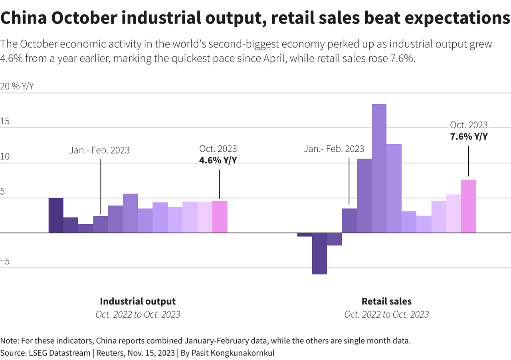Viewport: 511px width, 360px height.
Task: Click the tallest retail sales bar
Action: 379,169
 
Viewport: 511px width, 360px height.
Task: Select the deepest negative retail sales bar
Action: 319,253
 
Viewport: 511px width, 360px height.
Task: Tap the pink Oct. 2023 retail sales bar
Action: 468,206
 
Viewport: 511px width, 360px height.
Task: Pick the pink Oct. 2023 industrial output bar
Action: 220,217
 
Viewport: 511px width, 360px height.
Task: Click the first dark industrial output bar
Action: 56,215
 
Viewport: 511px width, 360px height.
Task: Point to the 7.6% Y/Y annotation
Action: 469,137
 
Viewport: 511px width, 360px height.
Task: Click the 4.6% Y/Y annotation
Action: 218,160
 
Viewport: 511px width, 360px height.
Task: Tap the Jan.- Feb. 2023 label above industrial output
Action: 99,150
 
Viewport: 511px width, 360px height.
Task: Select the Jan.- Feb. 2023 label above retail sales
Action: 334,149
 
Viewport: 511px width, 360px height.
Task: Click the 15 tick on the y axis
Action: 5,121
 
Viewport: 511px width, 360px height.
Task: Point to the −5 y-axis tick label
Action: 5,261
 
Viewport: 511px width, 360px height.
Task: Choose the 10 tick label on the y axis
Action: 5,156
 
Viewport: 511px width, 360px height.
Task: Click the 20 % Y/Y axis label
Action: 17,86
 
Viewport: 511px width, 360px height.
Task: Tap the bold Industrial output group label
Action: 138,301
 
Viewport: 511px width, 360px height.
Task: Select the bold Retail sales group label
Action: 387,301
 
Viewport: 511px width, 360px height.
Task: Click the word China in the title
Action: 24,18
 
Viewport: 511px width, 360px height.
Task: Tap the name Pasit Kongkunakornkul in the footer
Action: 233,353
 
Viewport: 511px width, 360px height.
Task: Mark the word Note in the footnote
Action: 9,340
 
